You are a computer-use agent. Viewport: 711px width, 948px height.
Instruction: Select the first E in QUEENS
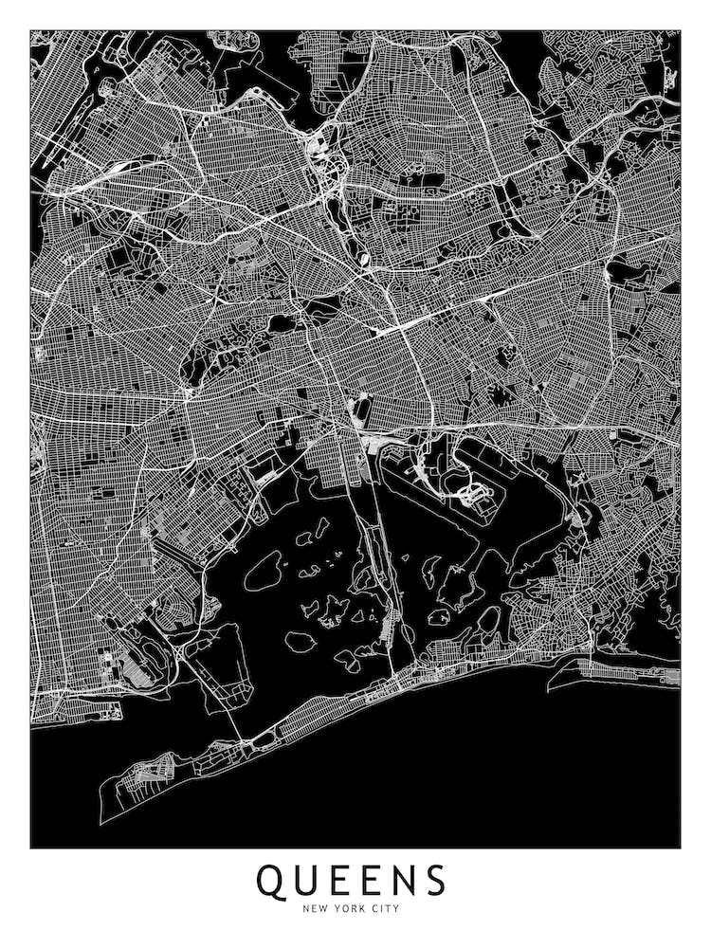345,881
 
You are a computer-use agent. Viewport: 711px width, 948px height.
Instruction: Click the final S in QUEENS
435,881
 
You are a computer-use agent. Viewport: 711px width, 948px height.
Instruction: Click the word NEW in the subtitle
315,909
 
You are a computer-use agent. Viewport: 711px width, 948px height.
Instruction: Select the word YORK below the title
348,909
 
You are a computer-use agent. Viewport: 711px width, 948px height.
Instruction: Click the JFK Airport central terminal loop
471,494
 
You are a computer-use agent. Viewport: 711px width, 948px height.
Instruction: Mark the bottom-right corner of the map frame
680,847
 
